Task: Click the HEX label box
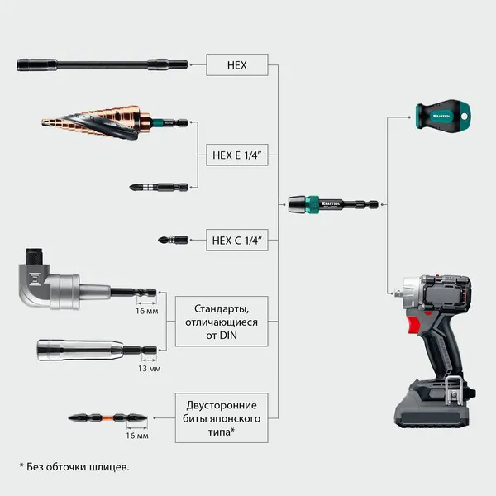[x=237, y=64]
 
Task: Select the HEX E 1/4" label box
[x=237, y=155]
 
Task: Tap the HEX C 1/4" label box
[x=237, y=241]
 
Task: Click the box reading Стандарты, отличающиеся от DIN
[x=222, y=322]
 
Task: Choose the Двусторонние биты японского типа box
[x=222, y=418]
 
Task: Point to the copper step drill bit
[x=115, y=122]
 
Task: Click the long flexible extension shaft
[x=103, y=64]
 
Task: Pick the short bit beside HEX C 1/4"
[x=173, y=240]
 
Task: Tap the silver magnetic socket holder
[x=97, y=351]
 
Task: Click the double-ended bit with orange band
[x=107, y=417]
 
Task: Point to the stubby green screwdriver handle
[x=443, y=116]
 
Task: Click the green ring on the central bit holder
[x=312, y=204]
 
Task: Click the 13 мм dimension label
[x=150, y=369]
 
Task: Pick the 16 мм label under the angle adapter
[x=147, y=311]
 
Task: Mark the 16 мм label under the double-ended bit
[x=137, y=436]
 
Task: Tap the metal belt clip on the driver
[x=454, y=391]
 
